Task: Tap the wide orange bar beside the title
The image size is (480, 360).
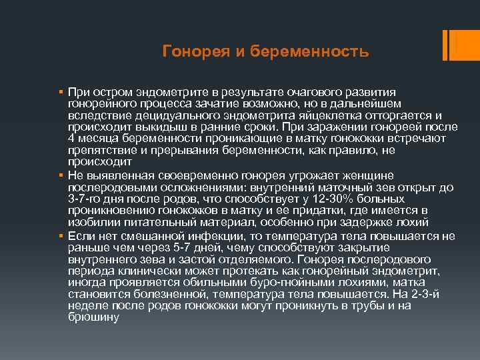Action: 451,45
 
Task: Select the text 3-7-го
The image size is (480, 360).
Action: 87,199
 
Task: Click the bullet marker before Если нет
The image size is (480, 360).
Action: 60,236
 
